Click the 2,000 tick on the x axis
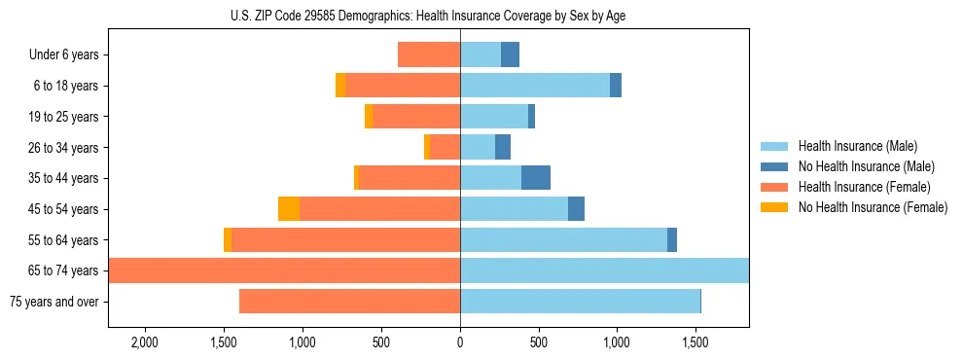[144, 343]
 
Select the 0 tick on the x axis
[460, 343]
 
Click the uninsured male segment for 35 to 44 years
[536, 178]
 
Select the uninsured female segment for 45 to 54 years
[289, 209]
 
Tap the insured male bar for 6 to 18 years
[535, 86]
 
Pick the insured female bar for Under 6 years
[429, 55]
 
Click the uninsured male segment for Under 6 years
[510, 55]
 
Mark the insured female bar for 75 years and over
[349, 302]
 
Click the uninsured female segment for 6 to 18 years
[340, 86]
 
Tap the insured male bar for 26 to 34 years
[478, 148]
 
